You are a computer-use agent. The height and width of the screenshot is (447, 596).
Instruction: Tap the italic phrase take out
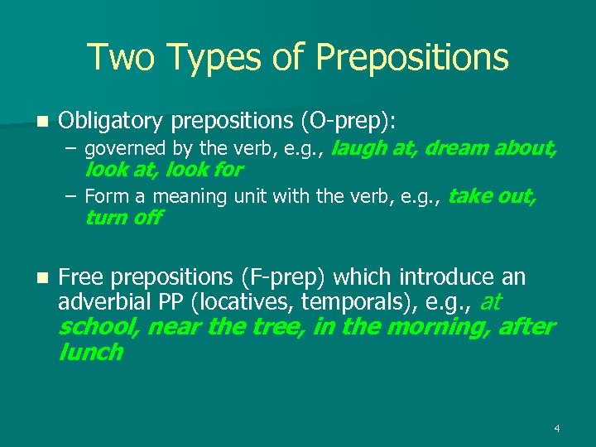click(x=492, y=197)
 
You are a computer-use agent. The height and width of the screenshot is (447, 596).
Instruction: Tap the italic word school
click(x=99, y=326)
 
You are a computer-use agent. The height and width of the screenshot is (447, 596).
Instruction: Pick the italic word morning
click(x=439, y=326)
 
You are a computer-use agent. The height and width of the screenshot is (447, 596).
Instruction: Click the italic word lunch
click(x=91, y=352)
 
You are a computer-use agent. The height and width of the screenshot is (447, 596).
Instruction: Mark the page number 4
click(x=557, y=428)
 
